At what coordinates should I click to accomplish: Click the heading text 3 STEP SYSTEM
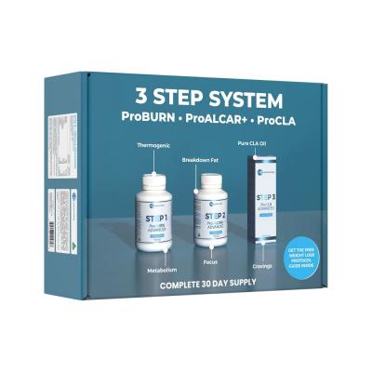[217, 98]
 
